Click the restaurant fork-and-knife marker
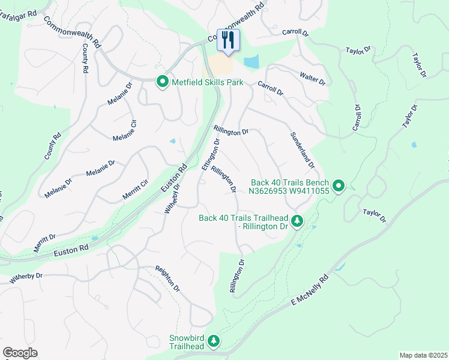tap(228, 41)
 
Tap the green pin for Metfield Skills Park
tap(162, 82)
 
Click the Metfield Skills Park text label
tap(208, 82)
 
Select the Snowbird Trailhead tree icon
tap(214, 342)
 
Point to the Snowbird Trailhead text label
tap(186, 342)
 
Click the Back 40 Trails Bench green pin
tap(339, 187)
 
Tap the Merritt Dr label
tap(45, 243)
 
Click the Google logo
tap(20, 352)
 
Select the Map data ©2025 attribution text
tap(423, 355)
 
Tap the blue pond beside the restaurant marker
tap(252, 61)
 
